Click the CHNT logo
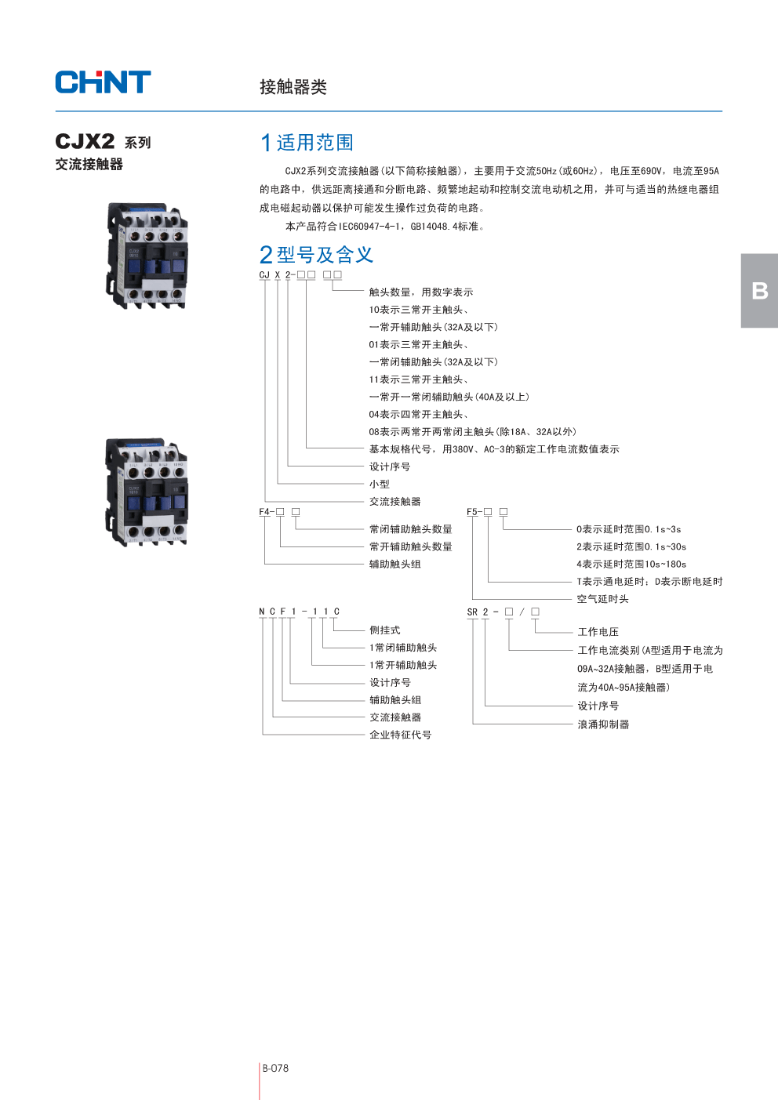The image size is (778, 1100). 103,82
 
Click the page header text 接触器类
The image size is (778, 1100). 293,87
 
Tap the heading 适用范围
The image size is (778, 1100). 307,143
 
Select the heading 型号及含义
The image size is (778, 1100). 316,255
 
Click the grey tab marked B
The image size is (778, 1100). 759,291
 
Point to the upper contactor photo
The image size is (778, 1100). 147,256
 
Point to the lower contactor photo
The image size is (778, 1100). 147,492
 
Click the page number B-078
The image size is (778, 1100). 275,1068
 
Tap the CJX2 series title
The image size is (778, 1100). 103,142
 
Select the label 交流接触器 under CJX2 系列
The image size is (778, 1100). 89,165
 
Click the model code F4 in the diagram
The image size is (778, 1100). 264,512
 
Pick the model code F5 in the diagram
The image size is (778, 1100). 472,512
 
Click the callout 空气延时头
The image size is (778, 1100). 602,599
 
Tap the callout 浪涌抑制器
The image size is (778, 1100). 603,724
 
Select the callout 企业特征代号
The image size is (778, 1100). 400,735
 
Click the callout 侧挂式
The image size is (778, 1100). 384,630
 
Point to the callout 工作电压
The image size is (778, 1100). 598,632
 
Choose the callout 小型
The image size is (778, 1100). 379,485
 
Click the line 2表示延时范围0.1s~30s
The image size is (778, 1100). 631,547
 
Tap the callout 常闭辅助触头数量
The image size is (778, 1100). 410,529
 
